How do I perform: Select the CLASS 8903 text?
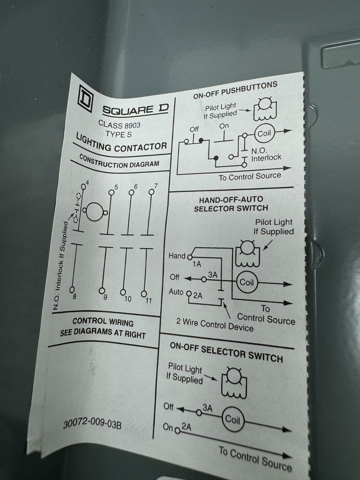coord(119,124)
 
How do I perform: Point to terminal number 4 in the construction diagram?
coord(87,182)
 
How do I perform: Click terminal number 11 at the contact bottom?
coord(149,300)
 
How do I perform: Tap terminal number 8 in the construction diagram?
coord(75,296)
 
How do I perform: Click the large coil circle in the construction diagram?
coord(94,212)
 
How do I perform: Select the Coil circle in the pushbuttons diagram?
coord(264,133)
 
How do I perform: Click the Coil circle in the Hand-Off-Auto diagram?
coord(246,282)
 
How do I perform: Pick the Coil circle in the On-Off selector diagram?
coord(232,419)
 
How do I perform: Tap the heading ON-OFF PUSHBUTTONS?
coord(235,90)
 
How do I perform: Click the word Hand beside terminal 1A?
coord(177,256)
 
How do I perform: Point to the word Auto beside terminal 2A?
coord(176,292)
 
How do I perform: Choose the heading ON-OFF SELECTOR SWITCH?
coord(226,352)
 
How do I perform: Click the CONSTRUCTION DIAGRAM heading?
coord(119,161)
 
